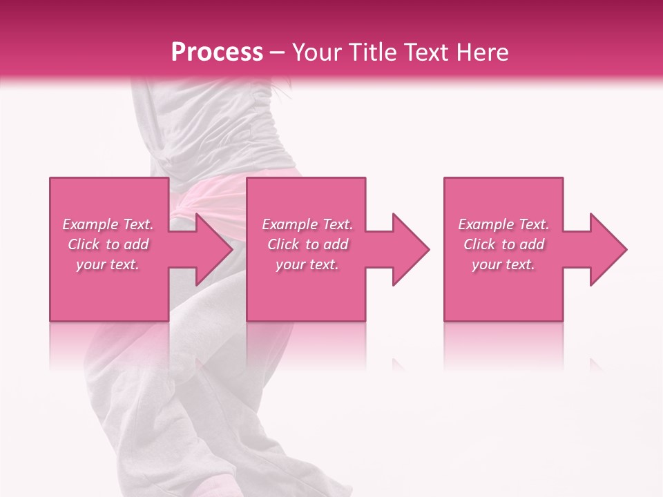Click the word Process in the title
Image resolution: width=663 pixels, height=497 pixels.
point(217,52)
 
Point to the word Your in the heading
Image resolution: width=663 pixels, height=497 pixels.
point(316,52)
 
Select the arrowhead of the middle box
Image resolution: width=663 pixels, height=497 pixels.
point(410,249)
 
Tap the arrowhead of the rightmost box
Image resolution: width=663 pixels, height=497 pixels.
point(607,249)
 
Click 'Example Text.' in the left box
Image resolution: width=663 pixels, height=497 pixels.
point(108,224)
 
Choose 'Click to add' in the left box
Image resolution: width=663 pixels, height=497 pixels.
point(108,244)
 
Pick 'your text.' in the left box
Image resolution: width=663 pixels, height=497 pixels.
point(108,264)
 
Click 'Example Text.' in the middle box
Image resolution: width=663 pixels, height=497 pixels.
point(307,224)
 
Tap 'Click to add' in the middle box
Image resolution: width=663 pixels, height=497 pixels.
point(307,244)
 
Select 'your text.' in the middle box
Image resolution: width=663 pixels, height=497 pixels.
point(307,264)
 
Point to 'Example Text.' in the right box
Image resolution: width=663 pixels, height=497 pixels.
point(503,224)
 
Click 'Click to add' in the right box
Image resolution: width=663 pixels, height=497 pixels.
point(503,244)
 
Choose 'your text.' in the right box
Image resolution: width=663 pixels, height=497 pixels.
point(503,264)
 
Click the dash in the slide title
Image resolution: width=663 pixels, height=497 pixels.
point(278,53)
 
